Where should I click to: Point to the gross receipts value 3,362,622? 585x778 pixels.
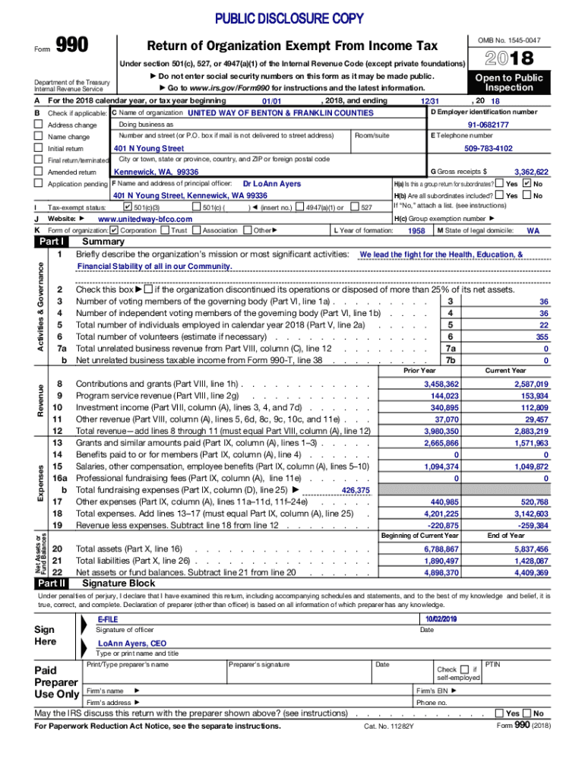pyautogui.click(x=531, y=172)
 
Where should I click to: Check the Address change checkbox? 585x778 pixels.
pyautogui.click(x=39, y=125)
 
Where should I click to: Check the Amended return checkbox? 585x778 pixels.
pyautogui.click(x=39, y=172)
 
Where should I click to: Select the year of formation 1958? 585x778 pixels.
pyautogui.click(x=416, y=230)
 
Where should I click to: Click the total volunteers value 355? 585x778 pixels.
pyautogui.click(x=541, y=337)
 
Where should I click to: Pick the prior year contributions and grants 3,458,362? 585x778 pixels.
pyautogui.click(x=441, y=384)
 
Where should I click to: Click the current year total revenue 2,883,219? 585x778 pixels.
pyautogui.click(x=531, y=431)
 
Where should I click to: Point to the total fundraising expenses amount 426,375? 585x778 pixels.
pyautogui.click(x=356, y=491)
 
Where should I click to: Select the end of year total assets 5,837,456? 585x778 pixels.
pyautogui.click(x=531, y=549)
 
